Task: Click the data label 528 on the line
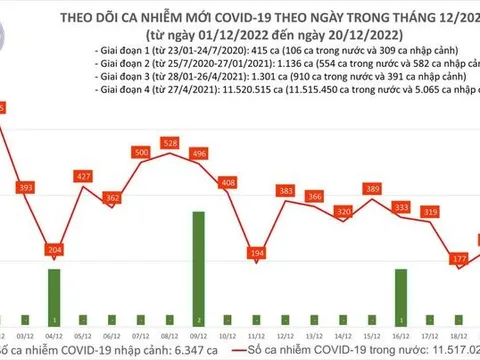[170, 144]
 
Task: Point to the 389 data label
[373, 189]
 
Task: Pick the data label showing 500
[141, 152]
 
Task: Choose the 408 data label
[228, 183]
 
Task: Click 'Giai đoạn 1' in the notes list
[124, 47]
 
